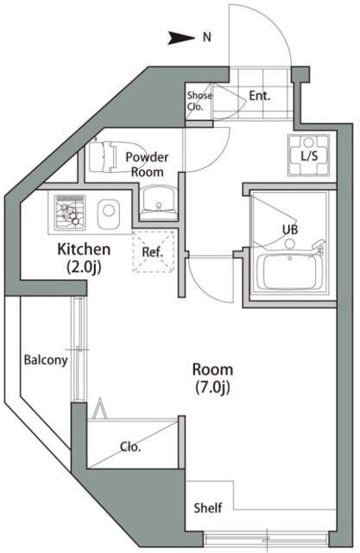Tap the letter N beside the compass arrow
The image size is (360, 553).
206,37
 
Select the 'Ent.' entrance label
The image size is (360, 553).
260,95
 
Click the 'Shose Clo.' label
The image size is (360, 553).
199,101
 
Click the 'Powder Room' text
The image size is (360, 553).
147,163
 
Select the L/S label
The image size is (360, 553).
308,156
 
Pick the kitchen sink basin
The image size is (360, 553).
108,210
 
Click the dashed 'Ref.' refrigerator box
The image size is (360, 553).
153,253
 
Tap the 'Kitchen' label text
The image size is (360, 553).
83,250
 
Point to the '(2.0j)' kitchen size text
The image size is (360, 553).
84,267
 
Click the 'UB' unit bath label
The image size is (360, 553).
290,229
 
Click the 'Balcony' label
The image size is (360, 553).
45,360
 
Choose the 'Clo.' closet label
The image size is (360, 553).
131,448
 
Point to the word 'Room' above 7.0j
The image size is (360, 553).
212,369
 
